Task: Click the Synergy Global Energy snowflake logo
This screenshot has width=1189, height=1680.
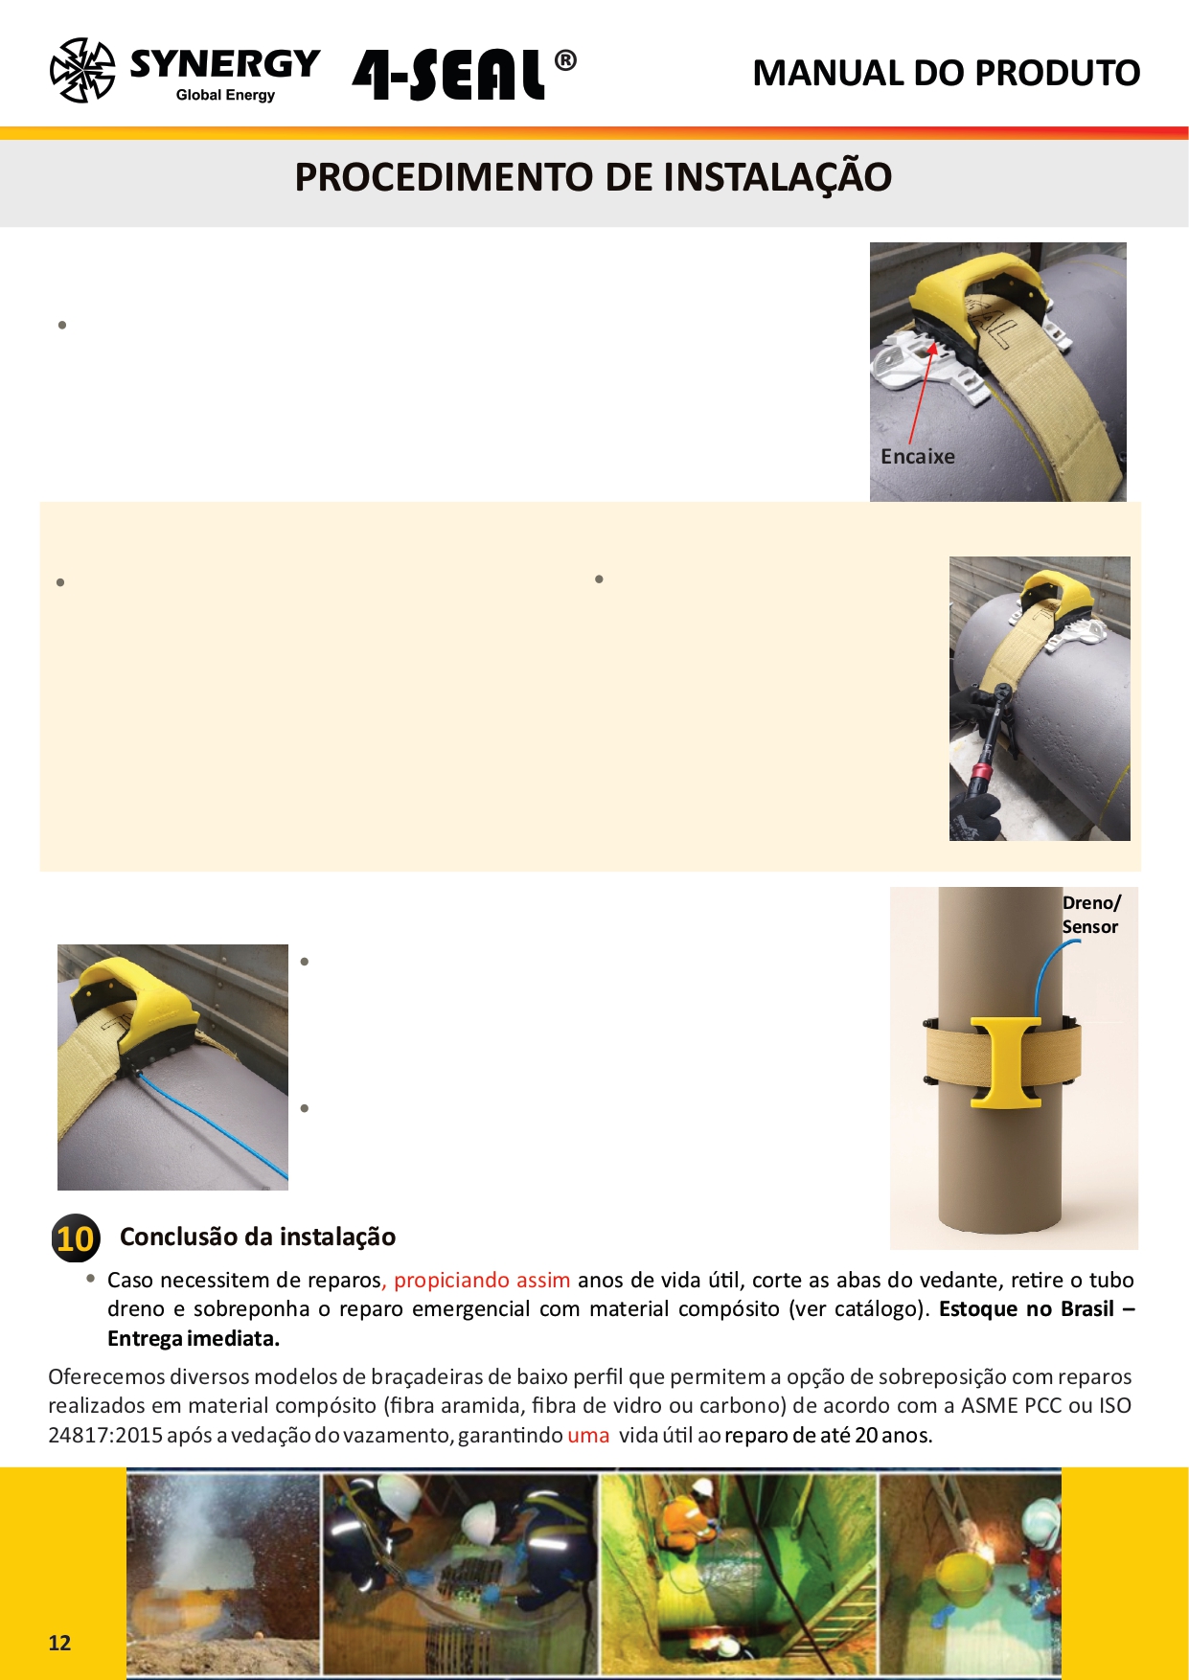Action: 82,71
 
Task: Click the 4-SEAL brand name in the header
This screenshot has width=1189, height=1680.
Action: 448,75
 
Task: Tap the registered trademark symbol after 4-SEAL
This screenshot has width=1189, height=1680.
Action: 565,61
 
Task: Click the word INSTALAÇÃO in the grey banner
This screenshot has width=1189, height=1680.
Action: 777,177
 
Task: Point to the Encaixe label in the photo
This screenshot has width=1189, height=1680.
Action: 917,457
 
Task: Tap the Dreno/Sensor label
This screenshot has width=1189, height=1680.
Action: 1090,915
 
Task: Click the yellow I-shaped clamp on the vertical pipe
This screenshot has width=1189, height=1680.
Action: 1005,1062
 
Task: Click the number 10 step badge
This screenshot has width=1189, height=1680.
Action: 75,1238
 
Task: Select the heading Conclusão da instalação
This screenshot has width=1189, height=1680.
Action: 257,1237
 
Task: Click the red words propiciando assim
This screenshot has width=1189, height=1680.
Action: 482,1281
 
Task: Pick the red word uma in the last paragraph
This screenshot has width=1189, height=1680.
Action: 588,1436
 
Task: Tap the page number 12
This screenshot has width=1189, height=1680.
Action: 59,1644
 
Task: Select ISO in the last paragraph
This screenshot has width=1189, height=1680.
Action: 1114,1406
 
